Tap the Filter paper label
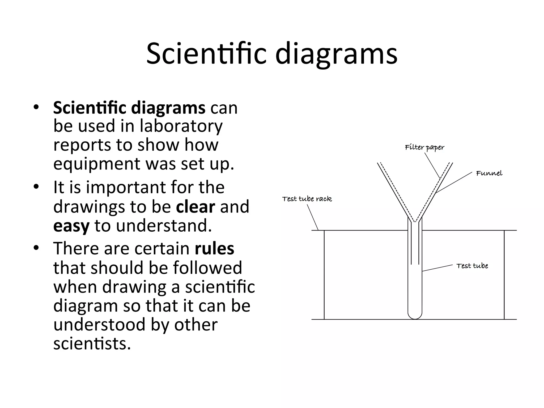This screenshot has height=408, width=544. click(x=424, y=147)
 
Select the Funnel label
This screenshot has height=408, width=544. click(x=489, y=173)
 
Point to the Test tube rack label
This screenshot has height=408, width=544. click(x=307, y=199)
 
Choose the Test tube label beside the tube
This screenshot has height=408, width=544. click(x=472, y=266)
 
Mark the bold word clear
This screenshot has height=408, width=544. click(x=195, y=207)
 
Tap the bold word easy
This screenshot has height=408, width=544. click(x=71, y=226)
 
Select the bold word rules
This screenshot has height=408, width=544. click(x=214, y=248)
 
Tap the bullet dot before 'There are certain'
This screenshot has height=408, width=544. click(x=36, y=248)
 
